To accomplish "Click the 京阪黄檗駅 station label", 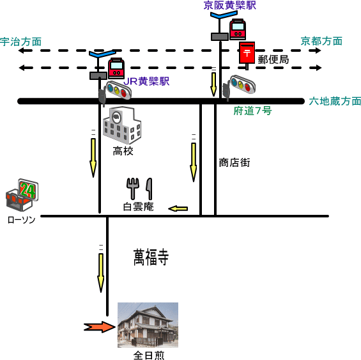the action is tap(230, 5).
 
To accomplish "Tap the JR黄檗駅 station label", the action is tap(146, 81).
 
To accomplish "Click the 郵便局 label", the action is tap(273, 59).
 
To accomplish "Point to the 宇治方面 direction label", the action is tap(20, 42).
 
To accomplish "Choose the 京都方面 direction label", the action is tap(321, 42).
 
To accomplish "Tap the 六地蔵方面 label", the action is tap(335, 101).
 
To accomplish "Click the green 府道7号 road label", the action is tap(252, 111).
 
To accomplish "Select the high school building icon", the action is tap(122, 125).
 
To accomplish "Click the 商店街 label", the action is tap(234, 162).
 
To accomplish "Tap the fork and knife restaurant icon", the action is tap(139, 189).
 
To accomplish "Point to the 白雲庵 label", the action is tap(139, 207).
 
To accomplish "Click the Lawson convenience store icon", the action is tap(22, 195).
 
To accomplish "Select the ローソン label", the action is tap(21, 219).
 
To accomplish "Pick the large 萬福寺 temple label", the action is tap(151, 257).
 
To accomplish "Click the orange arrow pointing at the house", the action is tap(100, 327).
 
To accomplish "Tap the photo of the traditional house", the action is tap(148, 325).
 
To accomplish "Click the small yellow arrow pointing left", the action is tap(178, 209).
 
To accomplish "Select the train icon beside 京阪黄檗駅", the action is tap(238, 29).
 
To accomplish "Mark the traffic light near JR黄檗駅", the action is tap(116, 91).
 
